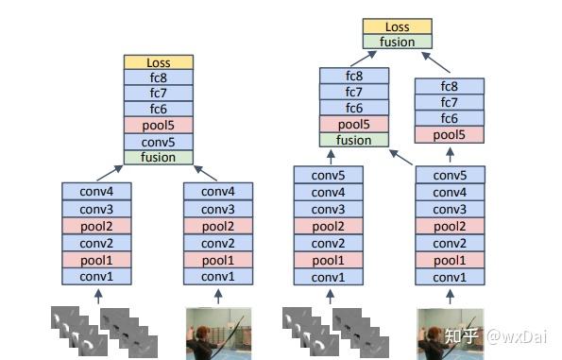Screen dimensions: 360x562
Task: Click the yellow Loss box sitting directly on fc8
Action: coord(158,62)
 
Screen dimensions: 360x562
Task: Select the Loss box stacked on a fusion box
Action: coord(396,26)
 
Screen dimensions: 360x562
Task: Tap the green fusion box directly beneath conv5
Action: coord(158,157)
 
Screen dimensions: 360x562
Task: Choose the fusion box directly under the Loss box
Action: coord(396,42)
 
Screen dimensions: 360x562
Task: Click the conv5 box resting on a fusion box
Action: coord(158,141)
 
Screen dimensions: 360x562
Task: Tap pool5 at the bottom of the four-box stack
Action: coord(450,134)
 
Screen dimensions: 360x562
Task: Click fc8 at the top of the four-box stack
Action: coord(450,86)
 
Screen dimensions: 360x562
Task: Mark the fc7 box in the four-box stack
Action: coord(450,102)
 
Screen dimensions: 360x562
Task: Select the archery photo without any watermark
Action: coord(218,332)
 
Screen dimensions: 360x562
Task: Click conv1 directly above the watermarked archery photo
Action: coord(450,277)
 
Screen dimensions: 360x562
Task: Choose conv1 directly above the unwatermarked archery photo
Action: coord(218,277)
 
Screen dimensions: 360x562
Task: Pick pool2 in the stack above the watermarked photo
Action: coord(450,226)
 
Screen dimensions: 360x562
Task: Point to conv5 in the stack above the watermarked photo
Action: coord(450,175)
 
